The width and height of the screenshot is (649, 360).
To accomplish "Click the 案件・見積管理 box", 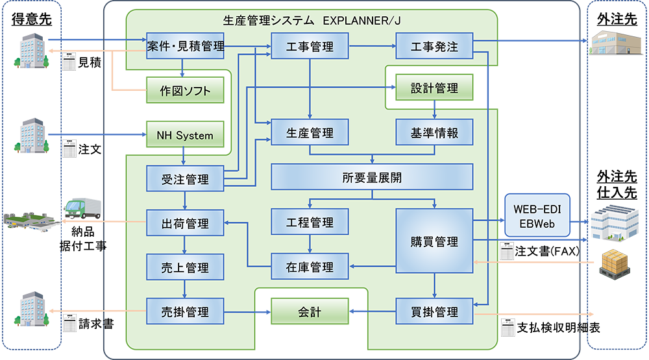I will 186,46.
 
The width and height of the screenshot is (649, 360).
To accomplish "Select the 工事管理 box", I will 310,46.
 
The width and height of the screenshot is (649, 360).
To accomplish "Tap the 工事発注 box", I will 434,46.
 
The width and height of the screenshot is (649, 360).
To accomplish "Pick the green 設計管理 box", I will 434,88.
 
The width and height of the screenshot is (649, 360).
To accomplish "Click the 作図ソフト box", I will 185,91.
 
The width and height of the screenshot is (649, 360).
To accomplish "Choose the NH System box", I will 185,136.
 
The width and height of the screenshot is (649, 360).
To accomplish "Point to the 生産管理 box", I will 310,133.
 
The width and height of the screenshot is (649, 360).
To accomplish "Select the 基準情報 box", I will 434,133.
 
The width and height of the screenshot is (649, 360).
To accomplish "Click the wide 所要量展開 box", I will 372,176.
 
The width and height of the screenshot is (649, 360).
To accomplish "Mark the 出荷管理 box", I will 186,223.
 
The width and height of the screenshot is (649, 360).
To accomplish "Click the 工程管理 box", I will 310,222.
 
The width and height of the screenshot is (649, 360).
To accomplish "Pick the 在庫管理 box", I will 310,267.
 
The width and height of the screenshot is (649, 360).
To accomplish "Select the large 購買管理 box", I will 434,242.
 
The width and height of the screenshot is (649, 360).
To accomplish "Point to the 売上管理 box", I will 186,267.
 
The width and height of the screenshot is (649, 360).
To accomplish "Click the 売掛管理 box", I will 186,311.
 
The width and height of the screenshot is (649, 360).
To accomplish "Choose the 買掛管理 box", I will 434,311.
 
